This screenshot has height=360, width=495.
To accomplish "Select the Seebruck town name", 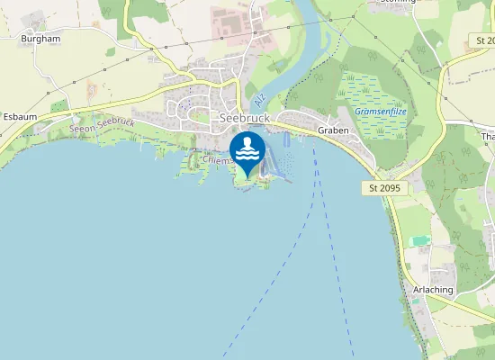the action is [x=245, y=117].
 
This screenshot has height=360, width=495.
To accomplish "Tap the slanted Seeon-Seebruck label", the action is [x=102, y=126].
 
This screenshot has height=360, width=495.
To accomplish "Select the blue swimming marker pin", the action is [x=247, y=152].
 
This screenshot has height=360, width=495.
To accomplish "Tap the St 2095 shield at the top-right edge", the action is [x=483, y=41].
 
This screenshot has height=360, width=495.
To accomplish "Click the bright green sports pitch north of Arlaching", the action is [x=419, y=240].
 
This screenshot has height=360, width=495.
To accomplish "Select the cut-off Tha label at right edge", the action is [x=489, y=137].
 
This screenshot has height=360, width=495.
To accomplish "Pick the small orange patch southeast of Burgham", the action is [x=91, y=90].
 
